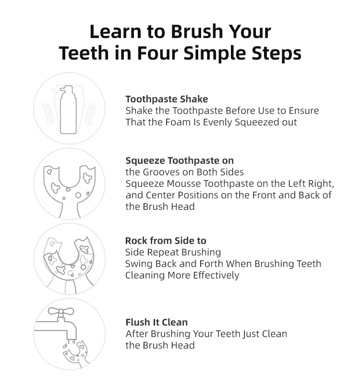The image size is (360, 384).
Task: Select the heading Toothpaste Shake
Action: (x=167, y=99)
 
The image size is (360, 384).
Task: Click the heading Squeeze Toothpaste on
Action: (x=180, y=160)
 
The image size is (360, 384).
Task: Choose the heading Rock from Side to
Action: (x=166, y=240)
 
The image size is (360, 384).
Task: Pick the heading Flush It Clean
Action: (x=156, y=322)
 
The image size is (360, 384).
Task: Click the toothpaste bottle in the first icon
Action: (x=68, y=113)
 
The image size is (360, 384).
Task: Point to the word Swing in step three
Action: (x=138, y=264)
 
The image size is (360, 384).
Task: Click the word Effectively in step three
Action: (x=216, y=275)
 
